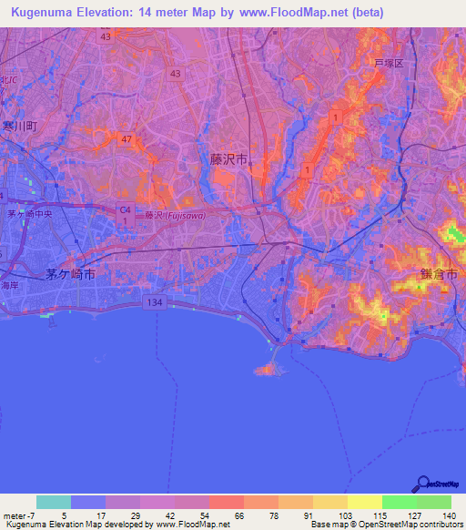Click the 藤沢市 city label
pyautogui.click(x=241, y=158)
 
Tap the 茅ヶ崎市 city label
pyautogui.click(x=71, y=273)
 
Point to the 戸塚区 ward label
pyautogui.click(x=389, y=63)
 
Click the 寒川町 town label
pyautogui.click(x=18, y=126)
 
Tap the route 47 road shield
pyautogui.click(x=127, y=138)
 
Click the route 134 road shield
pyautogui.click(x=157, y=301)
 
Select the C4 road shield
pyautogui.click(x=125, y=209)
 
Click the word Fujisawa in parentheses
pyautogui.click(x=186, y=216)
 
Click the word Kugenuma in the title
pyautogui.click(x=42, y=13)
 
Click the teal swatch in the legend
pyautogui.click(x=54, y=502)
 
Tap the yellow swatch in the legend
pyautogui.click(x=364, y=502)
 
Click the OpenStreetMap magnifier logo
pyautogui.click(x=422, y=484)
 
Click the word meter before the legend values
pyautogui.click(x=15, y=515)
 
